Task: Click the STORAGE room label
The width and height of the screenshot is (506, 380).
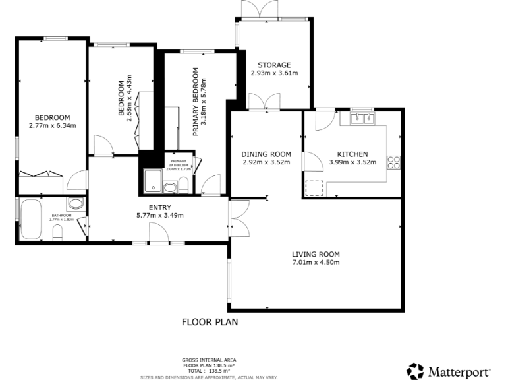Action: point(274,65)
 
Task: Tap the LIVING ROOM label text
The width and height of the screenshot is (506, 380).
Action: point(316,254)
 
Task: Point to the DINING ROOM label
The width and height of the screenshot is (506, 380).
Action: point(266,154)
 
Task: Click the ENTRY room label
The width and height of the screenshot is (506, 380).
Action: point(159,207)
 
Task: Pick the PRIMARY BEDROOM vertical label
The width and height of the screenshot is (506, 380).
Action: point(196,111)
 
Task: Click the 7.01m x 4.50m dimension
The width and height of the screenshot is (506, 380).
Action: point(316,263)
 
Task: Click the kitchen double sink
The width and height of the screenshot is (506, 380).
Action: point(361,119)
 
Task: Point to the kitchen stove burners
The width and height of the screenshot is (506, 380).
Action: point(394,162)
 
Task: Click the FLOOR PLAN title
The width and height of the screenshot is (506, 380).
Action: point(210,323)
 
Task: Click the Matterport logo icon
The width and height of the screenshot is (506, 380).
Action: point(415,371)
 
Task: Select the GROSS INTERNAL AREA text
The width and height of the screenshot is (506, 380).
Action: point(209,360)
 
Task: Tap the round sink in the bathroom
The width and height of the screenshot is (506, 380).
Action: point(75,204)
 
